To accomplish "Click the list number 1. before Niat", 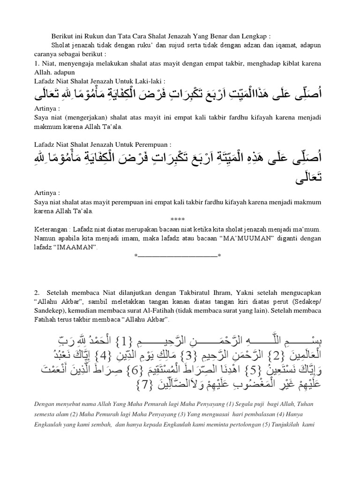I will point(37,63).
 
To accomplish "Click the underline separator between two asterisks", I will point(178,256).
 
